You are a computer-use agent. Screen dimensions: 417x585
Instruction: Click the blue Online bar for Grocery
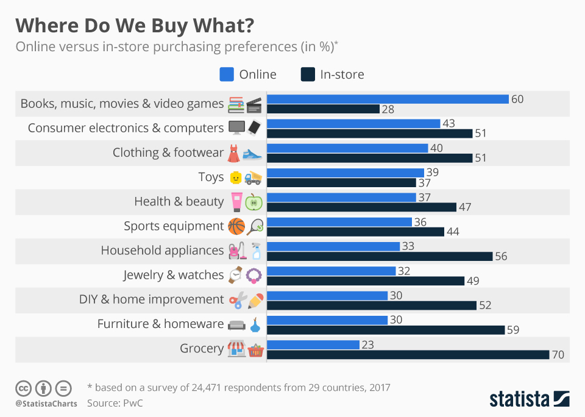[313, 344]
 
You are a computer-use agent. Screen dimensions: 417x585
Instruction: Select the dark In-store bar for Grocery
[408, 354]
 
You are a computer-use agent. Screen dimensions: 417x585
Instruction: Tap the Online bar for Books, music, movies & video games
[388, 99]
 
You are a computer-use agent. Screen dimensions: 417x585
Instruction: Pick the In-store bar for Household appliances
[380, 256]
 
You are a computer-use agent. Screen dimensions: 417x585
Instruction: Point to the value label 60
[517, 99]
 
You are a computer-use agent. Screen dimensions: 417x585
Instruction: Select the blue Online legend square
[227, 74]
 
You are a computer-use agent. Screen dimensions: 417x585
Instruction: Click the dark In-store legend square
[308, 74]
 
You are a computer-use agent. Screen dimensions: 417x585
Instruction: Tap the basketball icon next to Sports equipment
[236, 227]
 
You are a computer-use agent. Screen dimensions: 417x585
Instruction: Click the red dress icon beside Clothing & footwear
[233, 153]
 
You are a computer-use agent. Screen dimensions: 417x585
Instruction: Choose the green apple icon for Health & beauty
[253, 202]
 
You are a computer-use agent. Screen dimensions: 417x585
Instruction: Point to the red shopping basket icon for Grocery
[255, 349]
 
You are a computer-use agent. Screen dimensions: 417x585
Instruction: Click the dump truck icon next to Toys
[253, 177]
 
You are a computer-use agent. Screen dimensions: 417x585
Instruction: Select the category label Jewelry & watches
[173, 275]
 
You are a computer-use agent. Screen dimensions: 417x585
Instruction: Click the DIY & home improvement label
[151, 299]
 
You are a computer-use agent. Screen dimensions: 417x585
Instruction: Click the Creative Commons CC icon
[23, 388]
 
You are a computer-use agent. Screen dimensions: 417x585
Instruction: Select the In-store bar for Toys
[341, 182]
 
